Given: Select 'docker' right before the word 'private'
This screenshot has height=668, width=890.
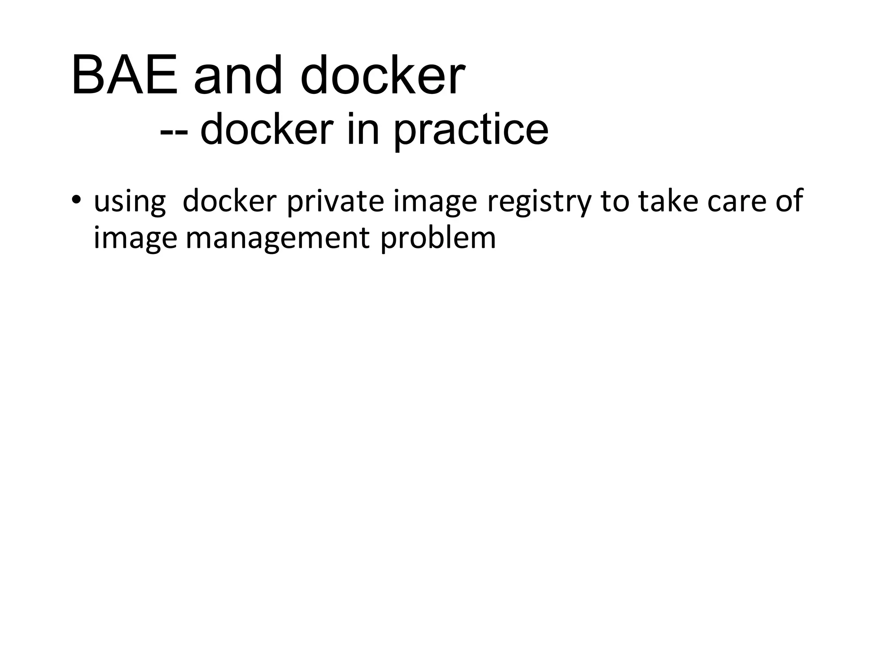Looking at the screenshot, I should tap(229, 201).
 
